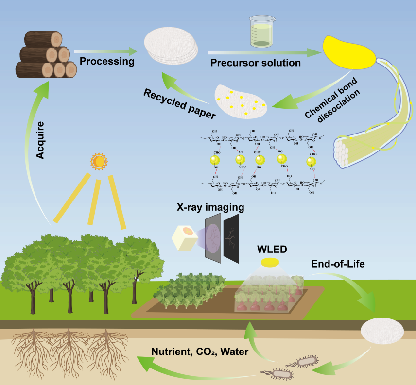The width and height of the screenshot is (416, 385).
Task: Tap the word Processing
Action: [107, 62]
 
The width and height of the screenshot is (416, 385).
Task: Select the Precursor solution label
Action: [256, 63]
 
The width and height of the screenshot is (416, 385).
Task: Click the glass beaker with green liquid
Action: [261, 32]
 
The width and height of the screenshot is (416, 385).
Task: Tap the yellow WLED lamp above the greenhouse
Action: [269, 263]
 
